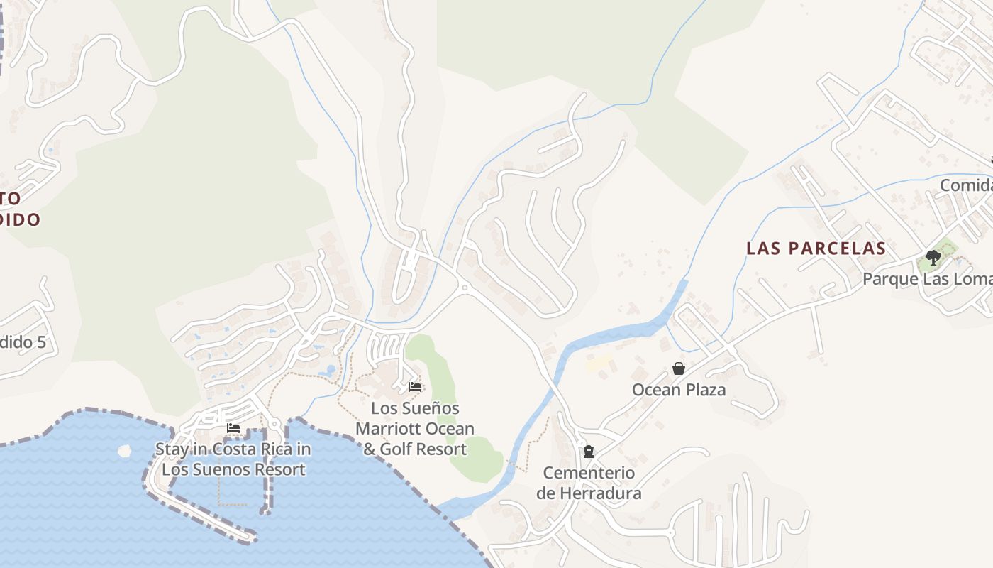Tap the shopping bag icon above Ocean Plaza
679,368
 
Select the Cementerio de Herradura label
589,483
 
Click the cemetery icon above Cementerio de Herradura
588,451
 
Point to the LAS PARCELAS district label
816,248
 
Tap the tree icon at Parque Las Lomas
933,258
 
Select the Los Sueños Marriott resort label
415,429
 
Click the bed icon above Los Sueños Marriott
415,387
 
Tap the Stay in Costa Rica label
233,459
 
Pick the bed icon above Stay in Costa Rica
233,428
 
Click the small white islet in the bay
126,450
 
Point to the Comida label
966,185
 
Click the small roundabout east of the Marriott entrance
464,288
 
